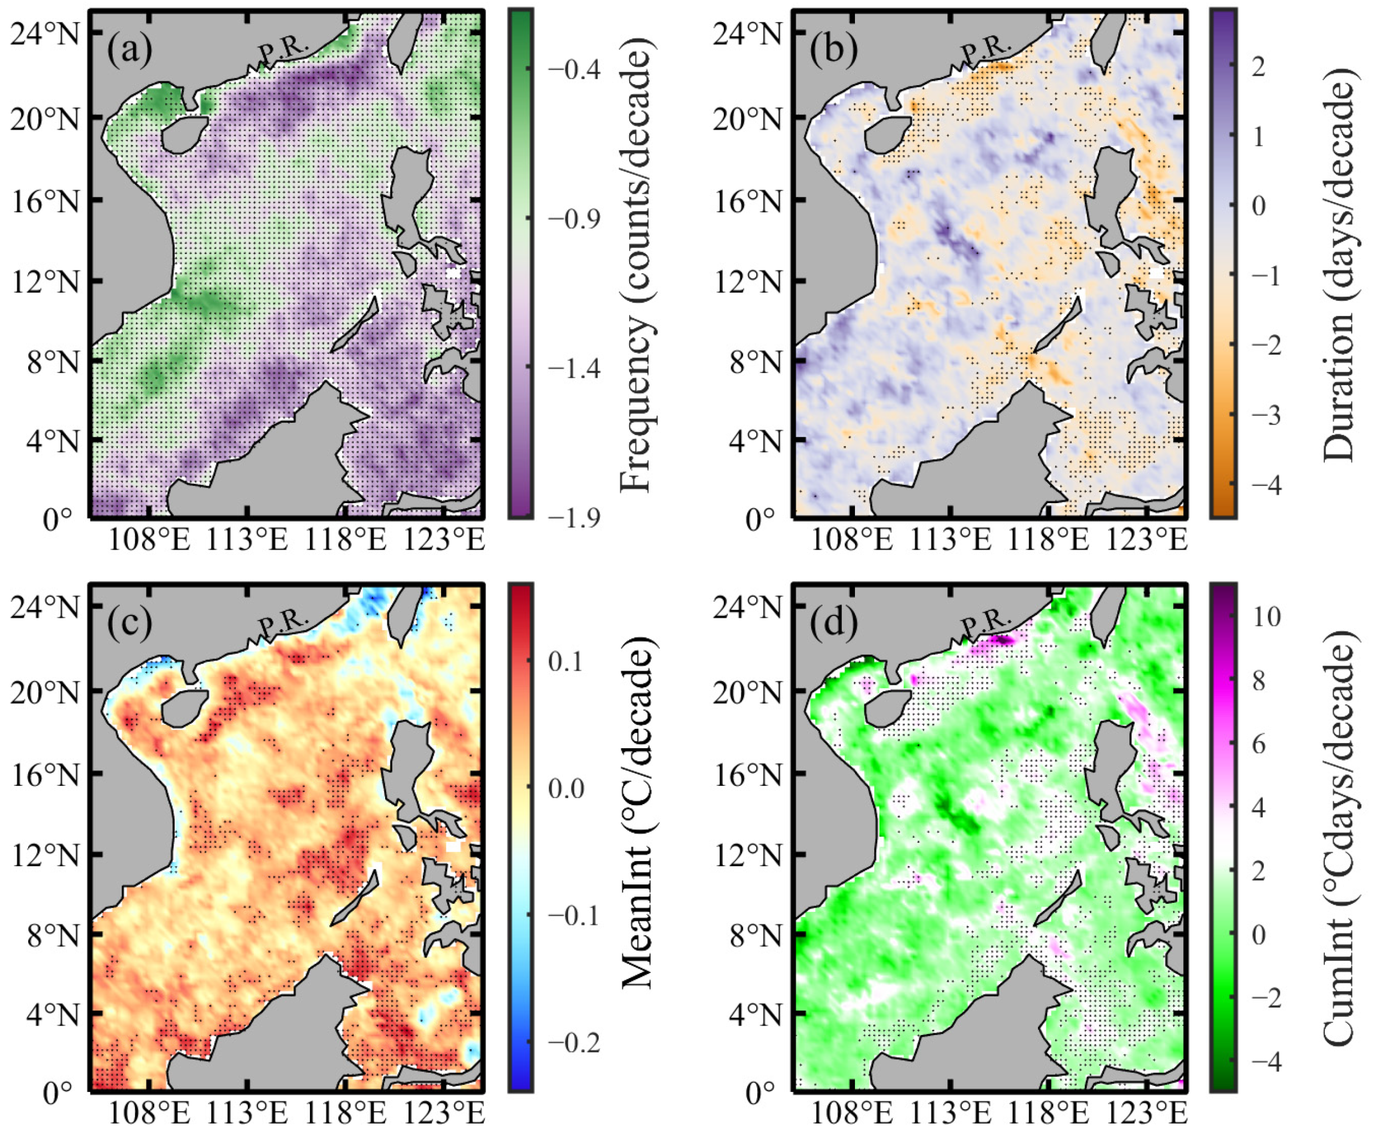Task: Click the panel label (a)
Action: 130,50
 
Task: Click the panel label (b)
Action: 833,50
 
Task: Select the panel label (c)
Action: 130,622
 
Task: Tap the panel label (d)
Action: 833,622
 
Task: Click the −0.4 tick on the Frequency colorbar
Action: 573,69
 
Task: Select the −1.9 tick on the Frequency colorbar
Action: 573,518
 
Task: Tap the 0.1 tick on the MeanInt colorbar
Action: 565,661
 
